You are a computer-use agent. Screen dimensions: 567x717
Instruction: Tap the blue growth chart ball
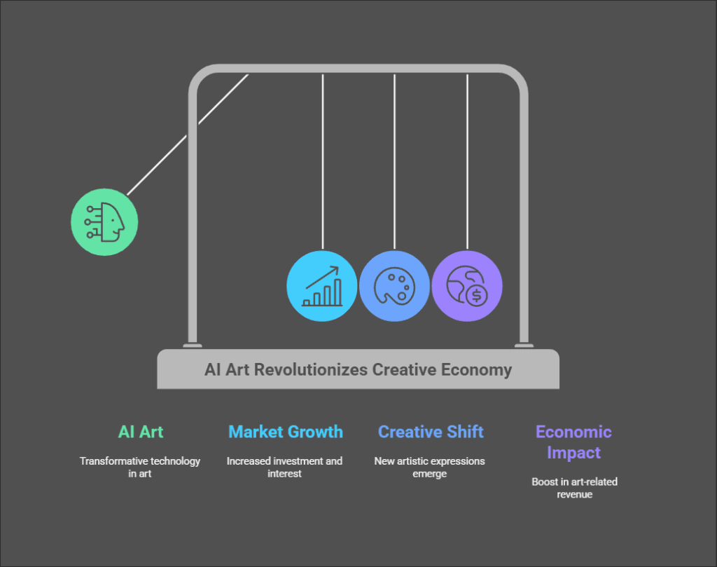point(322,285)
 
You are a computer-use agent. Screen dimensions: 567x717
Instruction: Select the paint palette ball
point(394,285)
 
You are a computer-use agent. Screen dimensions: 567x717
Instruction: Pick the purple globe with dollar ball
point(467,285)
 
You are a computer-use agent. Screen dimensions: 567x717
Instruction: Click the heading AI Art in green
point(141,432)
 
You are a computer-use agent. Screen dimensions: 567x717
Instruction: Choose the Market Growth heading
point(286,432)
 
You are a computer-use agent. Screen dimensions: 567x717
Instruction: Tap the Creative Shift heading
point(431,432)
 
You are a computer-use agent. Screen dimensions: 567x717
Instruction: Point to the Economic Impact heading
point(573,442)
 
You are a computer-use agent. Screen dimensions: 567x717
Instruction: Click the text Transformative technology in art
point(140,467)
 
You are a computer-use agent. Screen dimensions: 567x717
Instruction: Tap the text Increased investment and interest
point(284,467)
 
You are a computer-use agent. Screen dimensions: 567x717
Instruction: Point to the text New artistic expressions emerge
point(429,467)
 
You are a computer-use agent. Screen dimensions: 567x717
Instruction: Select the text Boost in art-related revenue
point(573,488)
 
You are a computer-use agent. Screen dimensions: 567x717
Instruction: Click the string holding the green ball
point(188,133)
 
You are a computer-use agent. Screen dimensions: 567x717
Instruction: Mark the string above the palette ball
point(394,161)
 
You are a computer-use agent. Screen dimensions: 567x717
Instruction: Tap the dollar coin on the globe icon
point(477,296)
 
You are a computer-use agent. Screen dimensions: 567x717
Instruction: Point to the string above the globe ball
point(467,161)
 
